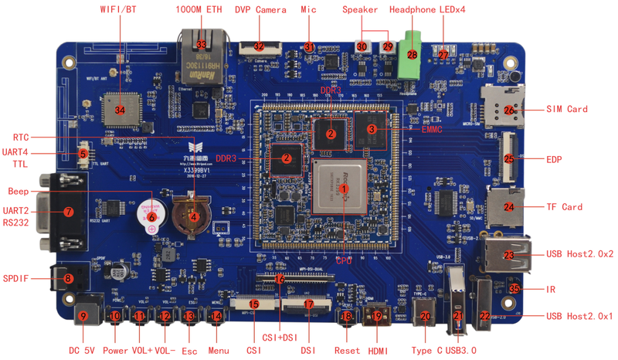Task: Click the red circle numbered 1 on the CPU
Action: coord(345,187)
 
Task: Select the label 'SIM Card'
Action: coord(567,109)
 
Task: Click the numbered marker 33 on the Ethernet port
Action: coord(202,46)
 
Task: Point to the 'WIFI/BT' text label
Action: coord(119,10)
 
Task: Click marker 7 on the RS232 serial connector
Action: coord(69,211)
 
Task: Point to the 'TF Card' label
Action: coord(564,207)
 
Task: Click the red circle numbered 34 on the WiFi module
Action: coord(119,110)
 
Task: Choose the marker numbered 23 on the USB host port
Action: coord(508,254)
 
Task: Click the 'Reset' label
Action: coord(347,350)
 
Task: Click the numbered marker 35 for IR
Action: coord(514,289)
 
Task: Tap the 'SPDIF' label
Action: coord(16,277)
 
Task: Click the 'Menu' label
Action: coord(219,350)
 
